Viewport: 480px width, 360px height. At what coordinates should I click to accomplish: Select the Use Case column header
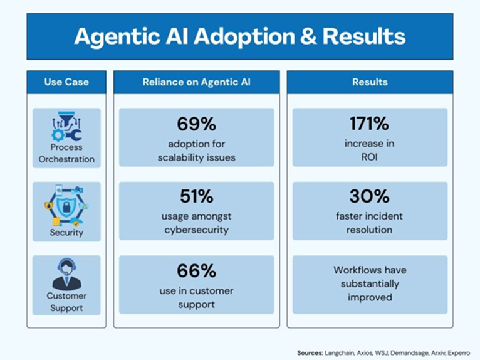tap(66, 82)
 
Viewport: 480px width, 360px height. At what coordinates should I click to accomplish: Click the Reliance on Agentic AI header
tap(197, 82)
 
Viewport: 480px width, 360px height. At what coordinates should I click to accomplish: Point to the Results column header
tap(370, 82)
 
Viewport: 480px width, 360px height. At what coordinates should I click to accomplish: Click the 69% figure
tap(197, 124)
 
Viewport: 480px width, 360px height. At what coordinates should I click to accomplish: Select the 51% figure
tap(197, 197)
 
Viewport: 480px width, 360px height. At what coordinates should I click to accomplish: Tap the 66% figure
tap(197, 271)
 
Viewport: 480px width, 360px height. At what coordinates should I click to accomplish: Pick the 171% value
tap(370, 124)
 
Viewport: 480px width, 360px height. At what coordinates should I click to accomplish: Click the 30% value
tap(370, 197)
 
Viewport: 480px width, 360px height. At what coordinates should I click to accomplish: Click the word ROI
tap(370, 157)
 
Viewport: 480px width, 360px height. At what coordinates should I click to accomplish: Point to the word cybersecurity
tap(197, 230)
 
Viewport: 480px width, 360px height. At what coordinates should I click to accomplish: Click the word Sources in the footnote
tap(310, 352)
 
